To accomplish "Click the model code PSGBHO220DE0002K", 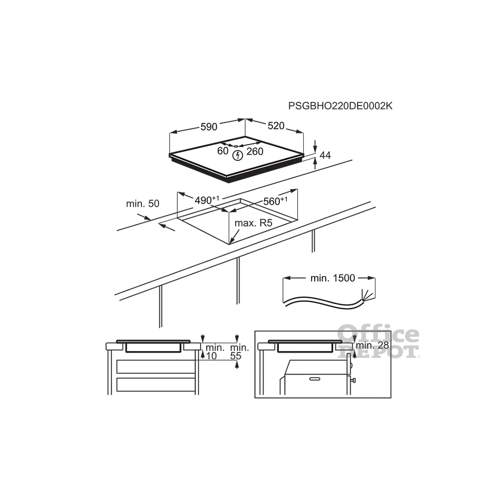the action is click(x=340, y=106).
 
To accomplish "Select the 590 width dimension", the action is click(x=209, y=126).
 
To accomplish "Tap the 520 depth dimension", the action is click(x=276, y=126).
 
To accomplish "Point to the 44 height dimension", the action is click(x=325, y=155).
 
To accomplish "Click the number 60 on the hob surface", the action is click(x=223, y=151).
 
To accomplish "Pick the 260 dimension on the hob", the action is click(x=254, y=151).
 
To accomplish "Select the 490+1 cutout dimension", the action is click(x=207, y=200).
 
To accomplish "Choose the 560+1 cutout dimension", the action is click(x=275, y=201).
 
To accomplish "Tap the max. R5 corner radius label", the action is click(x=253, y=223).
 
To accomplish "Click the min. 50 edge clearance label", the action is click(x=142, y=204).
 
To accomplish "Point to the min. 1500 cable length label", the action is click(x=333, y=278).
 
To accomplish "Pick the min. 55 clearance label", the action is click(x=240, y=352).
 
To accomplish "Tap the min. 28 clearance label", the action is click(x=372, y=345).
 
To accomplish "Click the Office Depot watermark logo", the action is click(x=378, y=342).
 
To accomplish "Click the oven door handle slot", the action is click(x=315, y=379).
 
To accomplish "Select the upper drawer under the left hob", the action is click(x=155, y=367).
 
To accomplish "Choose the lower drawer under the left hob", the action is click(x=155, y=384).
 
